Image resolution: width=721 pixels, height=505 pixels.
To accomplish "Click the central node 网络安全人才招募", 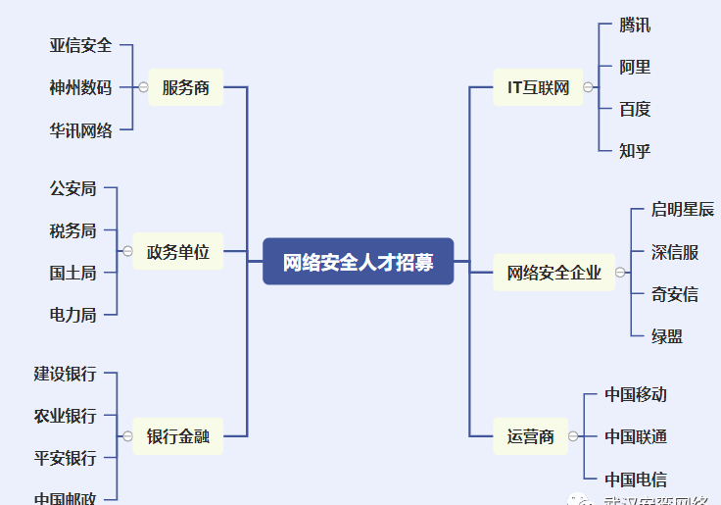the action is point(359,262).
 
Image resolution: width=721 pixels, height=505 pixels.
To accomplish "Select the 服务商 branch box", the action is point(185,87).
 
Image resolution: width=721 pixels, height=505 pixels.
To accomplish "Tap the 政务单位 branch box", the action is point(178,251).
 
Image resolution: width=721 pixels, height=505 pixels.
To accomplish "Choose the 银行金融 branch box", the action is point(178,436).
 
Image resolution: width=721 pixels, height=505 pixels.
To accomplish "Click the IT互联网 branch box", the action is point(538,87).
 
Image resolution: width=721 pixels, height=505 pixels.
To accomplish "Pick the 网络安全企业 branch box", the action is point(553,273).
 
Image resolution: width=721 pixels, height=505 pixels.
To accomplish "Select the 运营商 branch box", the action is point(530,436).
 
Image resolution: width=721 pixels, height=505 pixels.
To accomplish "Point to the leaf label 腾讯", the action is point(635,25).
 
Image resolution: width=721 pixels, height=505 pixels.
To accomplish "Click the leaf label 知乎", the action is point(635,150).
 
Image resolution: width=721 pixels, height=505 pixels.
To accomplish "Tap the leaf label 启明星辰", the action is point(683,210).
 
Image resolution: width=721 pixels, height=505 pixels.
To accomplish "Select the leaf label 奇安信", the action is point(675,294).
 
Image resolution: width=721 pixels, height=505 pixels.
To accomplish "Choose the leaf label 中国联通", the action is point(636,436).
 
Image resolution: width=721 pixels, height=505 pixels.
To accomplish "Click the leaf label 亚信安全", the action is point(81,45).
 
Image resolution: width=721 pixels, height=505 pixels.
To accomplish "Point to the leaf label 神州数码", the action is point(81,87).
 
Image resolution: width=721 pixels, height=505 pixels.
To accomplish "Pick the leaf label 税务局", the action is point(73,230).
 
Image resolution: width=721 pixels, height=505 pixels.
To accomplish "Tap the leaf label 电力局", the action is point(73,315).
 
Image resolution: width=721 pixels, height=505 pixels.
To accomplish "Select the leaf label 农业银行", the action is point(66,416).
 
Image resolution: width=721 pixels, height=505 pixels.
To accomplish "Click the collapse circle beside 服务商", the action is point(144,87).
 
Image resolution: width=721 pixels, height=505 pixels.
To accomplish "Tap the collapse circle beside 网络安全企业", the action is point(621,273).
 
